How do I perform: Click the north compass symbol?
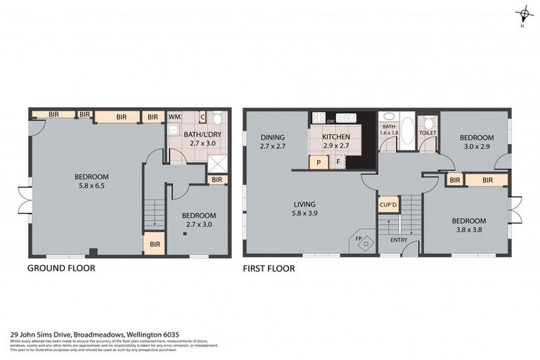click(x=523, y=13)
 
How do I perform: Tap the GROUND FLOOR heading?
click(x=60, y=268)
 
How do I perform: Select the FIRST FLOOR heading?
click(x=269, y=268)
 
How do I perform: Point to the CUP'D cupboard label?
click(x=387, y=206)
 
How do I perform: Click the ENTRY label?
click(x=399, y=240)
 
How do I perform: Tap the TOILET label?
click(x=427, y=133)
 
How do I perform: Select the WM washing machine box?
click(x=174, y=117)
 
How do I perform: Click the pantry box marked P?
click(x=319, y=162)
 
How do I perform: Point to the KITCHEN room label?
click(x=335, y=137)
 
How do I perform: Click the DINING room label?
click(x=271, y=137)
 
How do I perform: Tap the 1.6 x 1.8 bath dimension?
click(x=390, y=132)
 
